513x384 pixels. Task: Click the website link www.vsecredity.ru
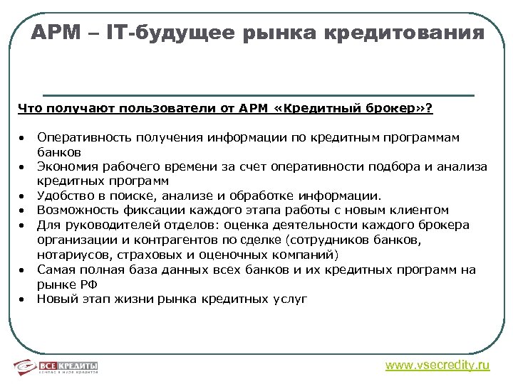click(x=437, y=365)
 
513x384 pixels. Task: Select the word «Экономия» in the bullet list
click(x=64, y=166)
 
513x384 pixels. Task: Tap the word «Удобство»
click(x=63, y=196)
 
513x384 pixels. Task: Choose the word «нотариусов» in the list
click(x=71, y=255)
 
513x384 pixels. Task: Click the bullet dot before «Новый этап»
click(x=23, y=299)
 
